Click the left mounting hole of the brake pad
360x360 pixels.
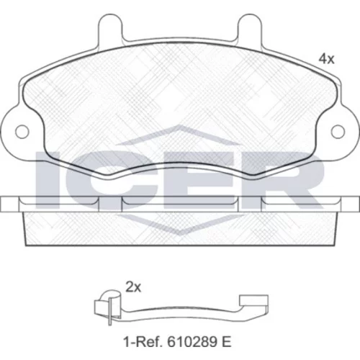click(x=22, y=132)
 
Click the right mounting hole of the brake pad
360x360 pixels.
click(x=338, y=132)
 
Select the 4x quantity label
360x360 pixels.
click(x=326, y=59)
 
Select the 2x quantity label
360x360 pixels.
click(x=133, y=287)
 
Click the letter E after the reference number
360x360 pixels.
click(x=226, y=342)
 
